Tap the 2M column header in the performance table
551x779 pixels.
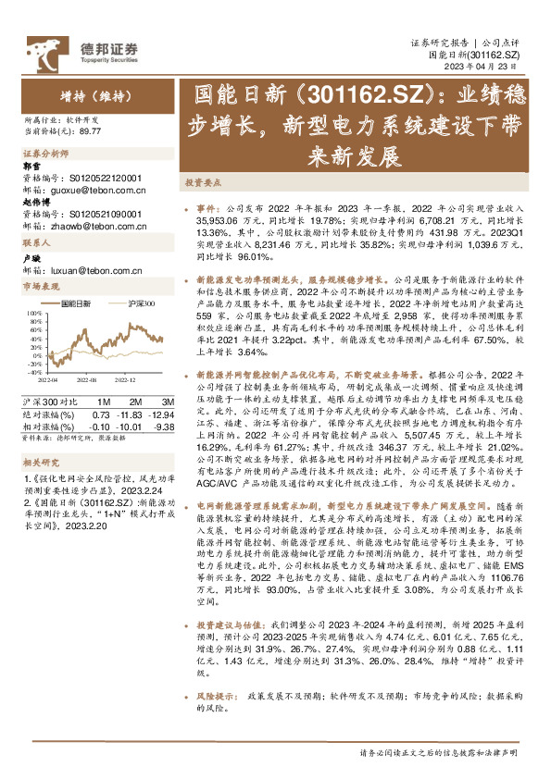point(135,402)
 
